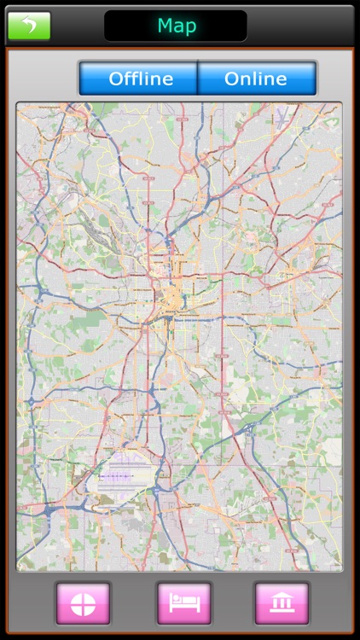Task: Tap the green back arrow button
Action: point(29,26)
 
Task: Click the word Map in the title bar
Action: point(177,26)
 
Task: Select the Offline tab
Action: point(140,79)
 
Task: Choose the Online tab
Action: point(256,79)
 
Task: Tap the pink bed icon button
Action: point(183,603)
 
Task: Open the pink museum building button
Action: point(282,603)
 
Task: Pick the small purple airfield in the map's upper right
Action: point(281,119)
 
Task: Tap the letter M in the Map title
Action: point(164,26)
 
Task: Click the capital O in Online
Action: point(232,79)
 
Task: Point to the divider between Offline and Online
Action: point(198,79)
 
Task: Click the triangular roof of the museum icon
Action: point(282,596)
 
